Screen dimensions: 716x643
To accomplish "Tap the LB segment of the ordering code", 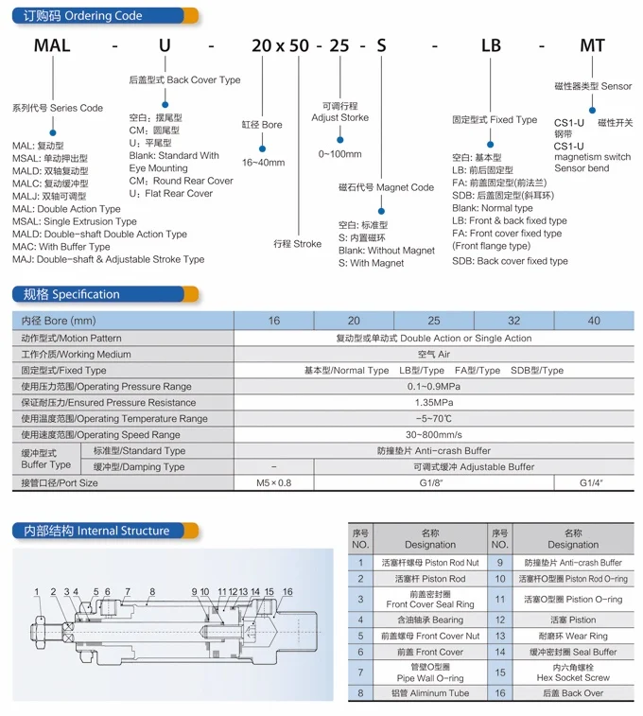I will [x=491, y=45].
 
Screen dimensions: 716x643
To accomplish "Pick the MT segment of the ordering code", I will [x=593, y=45].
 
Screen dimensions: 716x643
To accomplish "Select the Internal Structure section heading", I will [x=97, y=531].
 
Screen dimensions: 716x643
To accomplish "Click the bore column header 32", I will [x=513, y=321].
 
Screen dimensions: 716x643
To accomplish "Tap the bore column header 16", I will [x=273, y=321].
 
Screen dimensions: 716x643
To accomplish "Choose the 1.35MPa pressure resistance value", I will [x=434, y=402].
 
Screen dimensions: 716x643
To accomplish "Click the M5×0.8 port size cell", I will [x=273, y=482].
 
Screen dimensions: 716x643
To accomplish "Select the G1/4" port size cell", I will [x=592, y=482].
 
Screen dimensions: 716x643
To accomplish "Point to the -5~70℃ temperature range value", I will [x=434, y=418].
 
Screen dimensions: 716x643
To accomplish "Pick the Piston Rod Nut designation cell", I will [x=429, y=562].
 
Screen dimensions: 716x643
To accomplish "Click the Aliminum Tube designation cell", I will [x=429, y=693].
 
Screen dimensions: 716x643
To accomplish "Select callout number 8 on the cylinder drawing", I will [x=151, y=593].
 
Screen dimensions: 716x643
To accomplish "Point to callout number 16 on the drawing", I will [x=287, y=593].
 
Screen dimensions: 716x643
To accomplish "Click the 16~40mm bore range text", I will [x=263, y=163].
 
